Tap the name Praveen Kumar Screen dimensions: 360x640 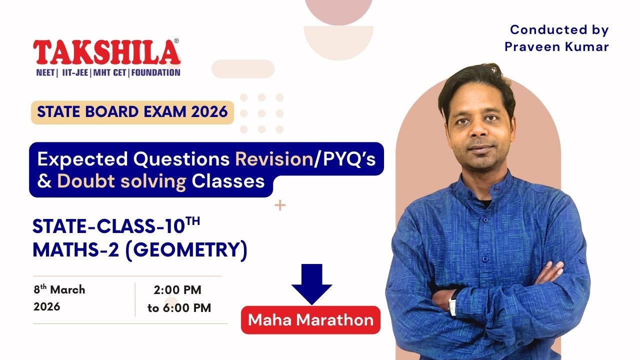coord(556,47)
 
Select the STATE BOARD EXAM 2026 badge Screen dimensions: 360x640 coord(132,112)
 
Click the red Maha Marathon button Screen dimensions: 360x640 coord(310,320)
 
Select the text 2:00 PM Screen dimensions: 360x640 coord(177,290)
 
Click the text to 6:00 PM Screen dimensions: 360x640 coord(179,308)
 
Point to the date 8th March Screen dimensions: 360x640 coord(59,290)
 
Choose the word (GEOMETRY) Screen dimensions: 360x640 coord(185,250)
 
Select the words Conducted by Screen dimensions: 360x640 coord(559,30)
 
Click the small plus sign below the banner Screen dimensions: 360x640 coord(280,205)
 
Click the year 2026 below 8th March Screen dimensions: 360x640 coord(47,306)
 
